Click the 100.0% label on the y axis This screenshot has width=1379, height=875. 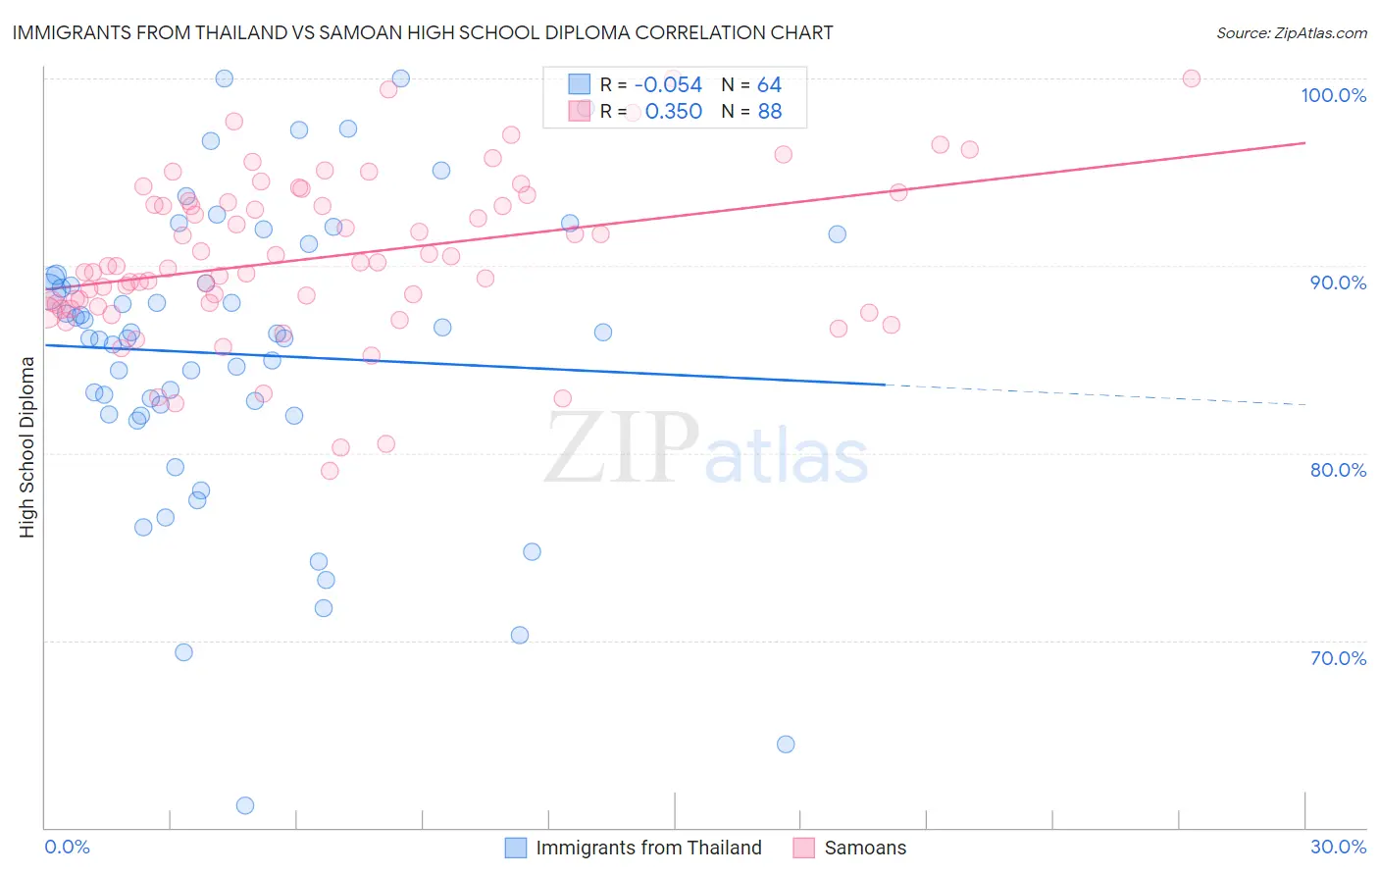coord(1333,95)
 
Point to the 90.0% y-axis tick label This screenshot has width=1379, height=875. coord(1338,283)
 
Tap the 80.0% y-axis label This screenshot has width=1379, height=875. coord(1338,470)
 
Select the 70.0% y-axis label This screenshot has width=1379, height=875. coord(1338,658)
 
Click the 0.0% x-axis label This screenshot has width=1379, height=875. coord(67,847)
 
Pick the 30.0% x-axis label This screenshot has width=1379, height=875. coord(1338,847)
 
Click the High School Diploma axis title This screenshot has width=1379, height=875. coord(27,446)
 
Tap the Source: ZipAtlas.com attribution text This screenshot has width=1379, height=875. coord(1291,33)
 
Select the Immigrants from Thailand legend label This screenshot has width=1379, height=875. coord(648,848)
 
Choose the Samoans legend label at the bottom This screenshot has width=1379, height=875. coord(865,848)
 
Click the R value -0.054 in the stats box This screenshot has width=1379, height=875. coord(668,85)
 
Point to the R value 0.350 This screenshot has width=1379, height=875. coord(673,112)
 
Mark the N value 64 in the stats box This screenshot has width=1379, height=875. coord(769,85)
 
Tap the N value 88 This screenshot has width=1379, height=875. coord(769,112)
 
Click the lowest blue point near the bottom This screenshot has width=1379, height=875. coord(245,805)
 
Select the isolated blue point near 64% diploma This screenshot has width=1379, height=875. coord(786,744)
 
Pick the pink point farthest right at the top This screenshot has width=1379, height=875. coord(1192,78)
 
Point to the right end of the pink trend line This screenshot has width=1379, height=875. coord(1303,143)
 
